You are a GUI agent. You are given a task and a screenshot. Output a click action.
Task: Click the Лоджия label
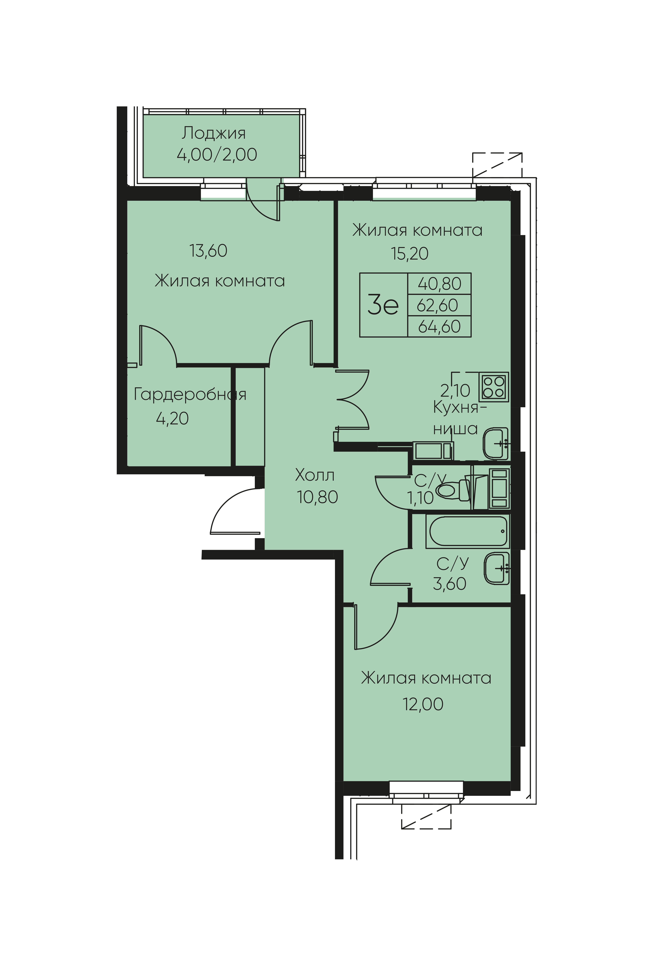(213, 134)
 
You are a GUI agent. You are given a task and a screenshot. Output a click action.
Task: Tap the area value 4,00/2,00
(217, 155)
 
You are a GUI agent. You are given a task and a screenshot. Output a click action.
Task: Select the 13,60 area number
(208, 251)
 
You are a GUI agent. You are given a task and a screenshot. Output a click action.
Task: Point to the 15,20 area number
(410, 253)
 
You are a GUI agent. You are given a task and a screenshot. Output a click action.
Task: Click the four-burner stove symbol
(494, 387)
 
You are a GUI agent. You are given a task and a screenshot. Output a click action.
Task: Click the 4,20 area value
(172, 418)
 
